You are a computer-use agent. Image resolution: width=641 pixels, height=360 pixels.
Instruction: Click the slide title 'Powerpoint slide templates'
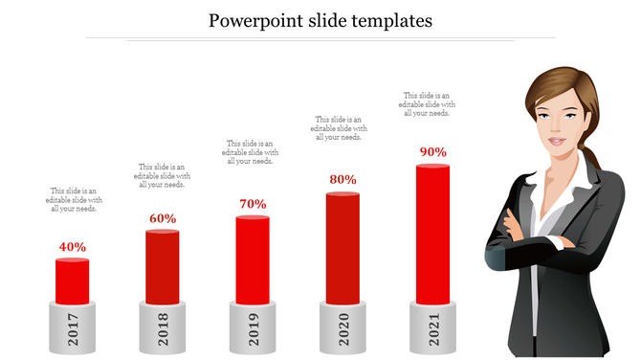click(321, 19)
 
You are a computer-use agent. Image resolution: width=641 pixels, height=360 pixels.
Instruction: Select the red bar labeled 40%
click(73, 280)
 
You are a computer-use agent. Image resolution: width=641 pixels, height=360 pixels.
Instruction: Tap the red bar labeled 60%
click(163, 265)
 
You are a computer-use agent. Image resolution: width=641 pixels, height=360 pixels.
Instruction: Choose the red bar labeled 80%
click(343, 247)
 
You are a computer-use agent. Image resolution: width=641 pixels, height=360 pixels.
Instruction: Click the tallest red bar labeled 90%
click(432, 233)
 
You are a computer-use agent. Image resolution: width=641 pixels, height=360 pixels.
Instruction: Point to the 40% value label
click(73, 247)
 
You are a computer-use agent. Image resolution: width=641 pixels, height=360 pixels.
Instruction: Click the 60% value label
click(163, 218)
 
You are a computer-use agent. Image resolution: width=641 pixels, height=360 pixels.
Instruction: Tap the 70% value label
click(253, 204)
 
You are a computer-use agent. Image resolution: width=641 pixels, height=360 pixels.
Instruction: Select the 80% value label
click(343, 179)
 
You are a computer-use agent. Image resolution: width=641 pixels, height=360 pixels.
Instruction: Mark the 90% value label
click(432, 151)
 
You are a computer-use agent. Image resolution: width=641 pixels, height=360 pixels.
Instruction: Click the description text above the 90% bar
click(428, 104)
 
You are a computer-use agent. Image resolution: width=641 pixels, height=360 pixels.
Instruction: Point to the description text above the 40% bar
click(77, 199)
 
